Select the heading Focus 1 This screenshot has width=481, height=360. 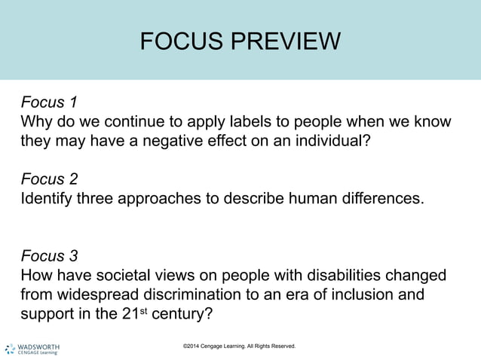coord(50,102)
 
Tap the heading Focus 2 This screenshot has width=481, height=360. coord(50,179)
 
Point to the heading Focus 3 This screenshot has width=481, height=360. coord(50,255)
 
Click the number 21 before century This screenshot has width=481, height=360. coord(130,313)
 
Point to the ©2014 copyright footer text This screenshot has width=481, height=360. coord(239,346)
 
